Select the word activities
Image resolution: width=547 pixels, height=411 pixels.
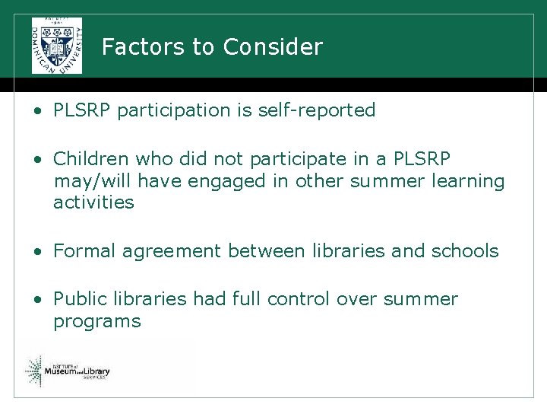[x=93, y=202]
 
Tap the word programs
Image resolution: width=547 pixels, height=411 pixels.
[x=96, y=322]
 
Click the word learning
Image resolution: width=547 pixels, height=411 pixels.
[x=466, y=181]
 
